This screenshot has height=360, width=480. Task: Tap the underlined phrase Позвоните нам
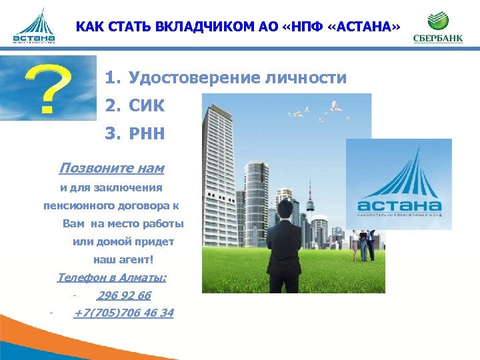[112, 168]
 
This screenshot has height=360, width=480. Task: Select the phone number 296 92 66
[124, 295]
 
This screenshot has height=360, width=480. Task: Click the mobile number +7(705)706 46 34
[124, 312]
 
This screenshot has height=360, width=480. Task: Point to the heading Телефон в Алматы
[112, 277]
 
